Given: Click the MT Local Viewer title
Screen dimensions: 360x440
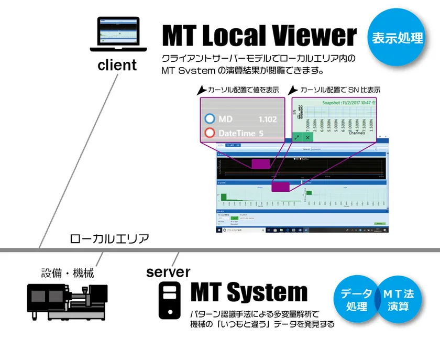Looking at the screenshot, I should click(259, 36).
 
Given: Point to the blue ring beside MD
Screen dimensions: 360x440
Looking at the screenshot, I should click(211, 119).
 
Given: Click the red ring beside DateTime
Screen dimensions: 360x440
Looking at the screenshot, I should click(211, 133).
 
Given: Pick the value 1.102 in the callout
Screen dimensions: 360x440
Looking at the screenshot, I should click(268, 119).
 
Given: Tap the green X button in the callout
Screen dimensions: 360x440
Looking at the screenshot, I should click(308, 137).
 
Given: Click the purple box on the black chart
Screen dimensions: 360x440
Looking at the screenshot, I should click(260, 163).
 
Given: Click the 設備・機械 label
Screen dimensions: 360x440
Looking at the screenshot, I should click(68, 273).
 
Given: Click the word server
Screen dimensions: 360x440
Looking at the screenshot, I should click(168, 272).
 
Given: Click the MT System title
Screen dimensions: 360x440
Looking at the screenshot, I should click(248, 292).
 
